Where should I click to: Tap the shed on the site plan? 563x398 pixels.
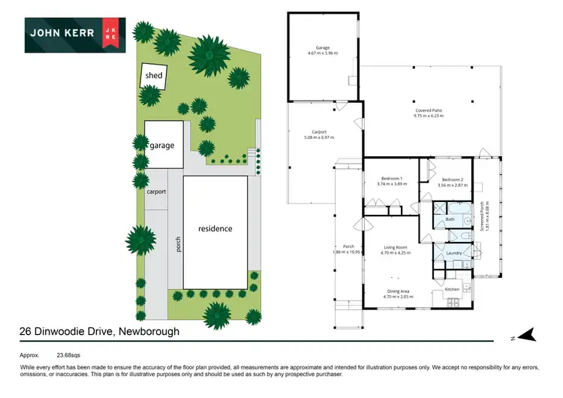[x=154, y=75]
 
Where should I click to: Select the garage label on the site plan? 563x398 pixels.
[x=167, y=144]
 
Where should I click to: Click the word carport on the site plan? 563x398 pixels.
[x=156, y=191]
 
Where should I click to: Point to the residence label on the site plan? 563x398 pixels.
[x=215, y=228]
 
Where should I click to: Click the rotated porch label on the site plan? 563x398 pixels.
[x=179, y=245]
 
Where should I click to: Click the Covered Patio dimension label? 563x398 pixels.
[x=429, y=113]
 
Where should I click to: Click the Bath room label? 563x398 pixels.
[x=450, y=219]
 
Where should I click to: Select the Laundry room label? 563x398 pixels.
[x=453, y=253]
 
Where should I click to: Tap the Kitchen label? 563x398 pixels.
[x=452, y=289]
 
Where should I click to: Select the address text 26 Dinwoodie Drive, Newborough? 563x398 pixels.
[x=99, y=330]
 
